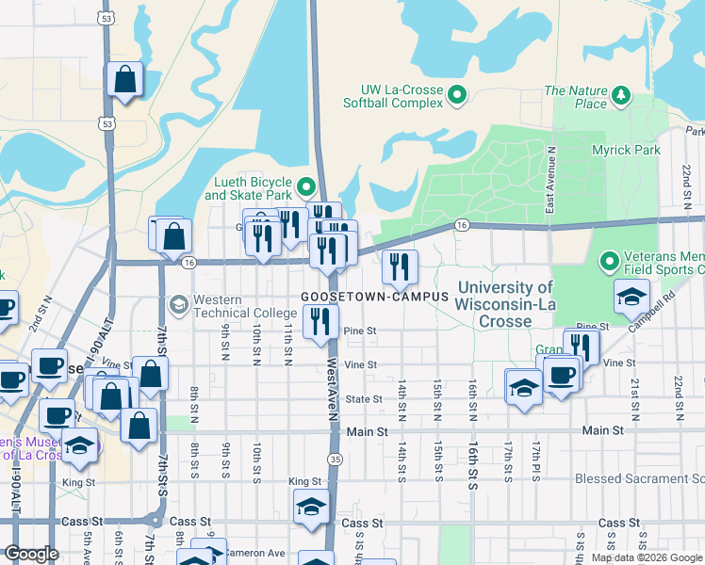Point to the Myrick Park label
[x=626, y=150]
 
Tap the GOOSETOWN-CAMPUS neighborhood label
[x=374, y=296]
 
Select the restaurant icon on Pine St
[x=322, y=322]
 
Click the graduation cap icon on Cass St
[x=311, y=507]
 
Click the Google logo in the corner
[x=31, y=554]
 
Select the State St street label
[x=363, y=399]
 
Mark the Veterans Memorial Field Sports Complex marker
[x=610, y=260]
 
